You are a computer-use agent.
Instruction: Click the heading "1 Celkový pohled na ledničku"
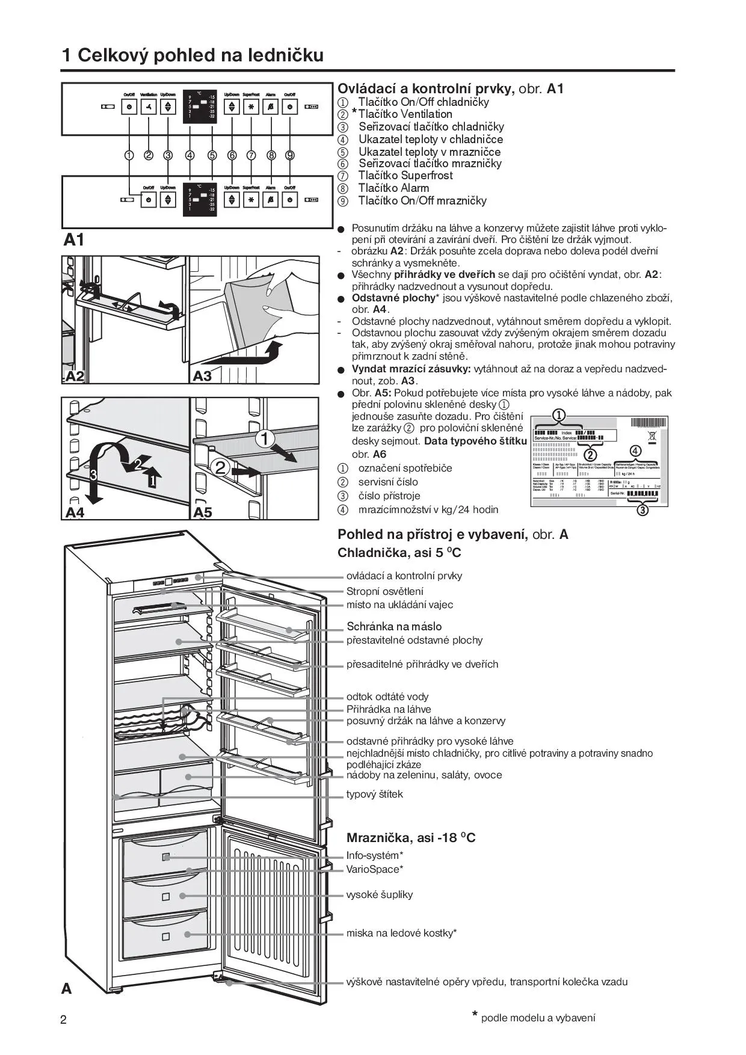[193, 55]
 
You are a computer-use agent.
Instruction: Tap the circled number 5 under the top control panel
[212, 155]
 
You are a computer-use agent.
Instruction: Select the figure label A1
[74, 240]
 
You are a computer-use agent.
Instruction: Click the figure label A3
[203, 376]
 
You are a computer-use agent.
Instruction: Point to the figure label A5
[203, 512]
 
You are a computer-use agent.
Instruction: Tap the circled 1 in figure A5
[265, 438]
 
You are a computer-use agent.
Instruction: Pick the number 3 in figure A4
[93, 475]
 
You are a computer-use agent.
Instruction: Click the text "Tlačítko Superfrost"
[405, 176]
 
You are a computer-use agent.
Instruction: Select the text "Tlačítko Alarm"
[393, 188]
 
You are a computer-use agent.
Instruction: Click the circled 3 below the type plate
[643, 511]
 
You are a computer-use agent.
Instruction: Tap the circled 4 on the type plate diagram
[635, 451]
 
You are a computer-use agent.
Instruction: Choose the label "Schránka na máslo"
[394, 627]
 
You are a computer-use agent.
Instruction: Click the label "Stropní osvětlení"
[384, 591]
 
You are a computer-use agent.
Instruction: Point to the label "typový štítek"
[374, 794]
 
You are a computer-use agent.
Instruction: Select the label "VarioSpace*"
[374, 869]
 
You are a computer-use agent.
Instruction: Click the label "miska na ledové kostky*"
[401, 933]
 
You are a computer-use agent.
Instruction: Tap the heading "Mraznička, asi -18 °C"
[411, 838]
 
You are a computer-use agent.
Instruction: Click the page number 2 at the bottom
[64, 1020]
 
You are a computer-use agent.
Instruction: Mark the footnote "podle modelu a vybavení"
[538, 1018]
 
